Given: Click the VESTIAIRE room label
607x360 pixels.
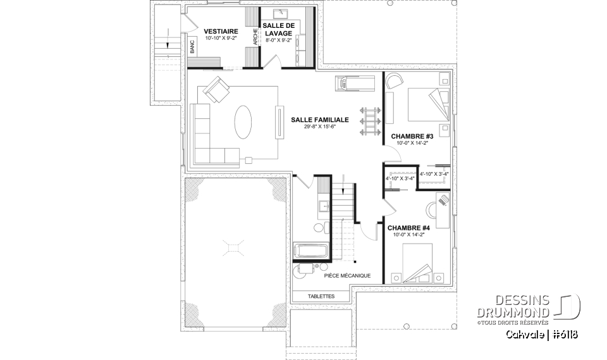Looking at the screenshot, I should pyautogui.click(x=220, y=30).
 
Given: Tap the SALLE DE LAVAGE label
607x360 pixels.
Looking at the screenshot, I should pyautogui.click(x=278, y=29).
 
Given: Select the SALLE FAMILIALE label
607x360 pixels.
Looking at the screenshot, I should pyautogui.click(x=319, y=119).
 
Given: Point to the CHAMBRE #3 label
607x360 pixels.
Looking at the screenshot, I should pyautogui.click(x=412, y=136).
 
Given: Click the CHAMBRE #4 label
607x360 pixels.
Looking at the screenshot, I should pyautogui.click(x=408, y=228).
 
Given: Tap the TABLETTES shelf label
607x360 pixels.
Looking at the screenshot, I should pyautogui.click(x=321, y=296).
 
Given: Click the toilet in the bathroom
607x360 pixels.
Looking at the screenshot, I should pyautogui.click(x=319, y=227).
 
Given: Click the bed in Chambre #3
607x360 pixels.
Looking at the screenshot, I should pyautogui.click(x=427, y=103).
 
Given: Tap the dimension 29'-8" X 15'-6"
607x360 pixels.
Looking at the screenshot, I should pyautogui.click(x=319, y=127).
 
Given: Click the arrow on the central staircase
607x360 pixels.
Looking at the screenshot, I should pyautogui.click(x=343, y=188).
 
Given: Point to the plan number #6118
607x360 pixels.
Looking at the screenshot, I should pyautogui.click(x=567, y=333).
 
